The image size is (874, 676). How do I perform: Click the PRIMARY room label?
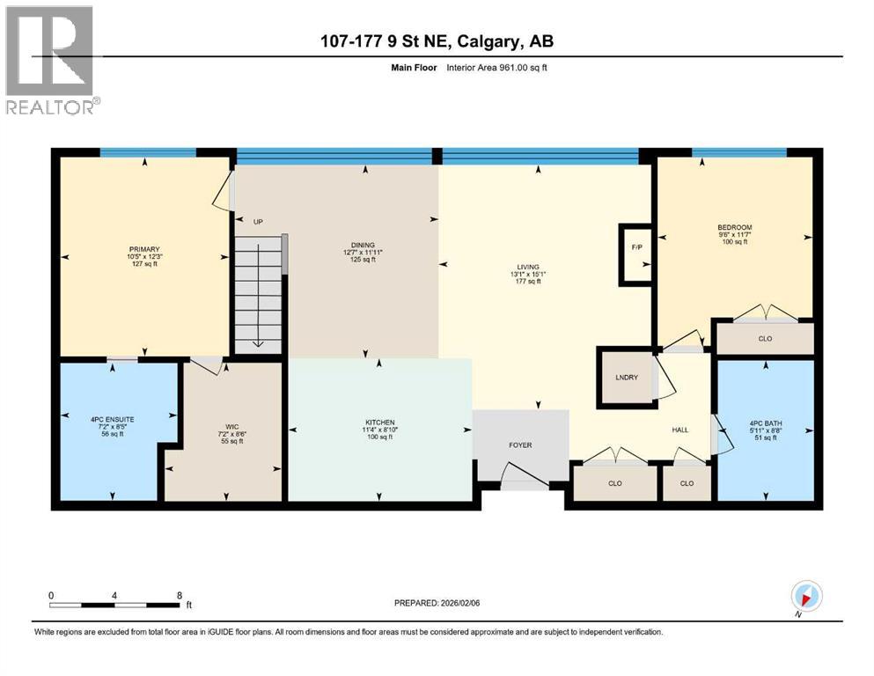coord(143,249)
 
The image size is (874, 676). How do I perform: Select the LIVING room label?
coord(528,267)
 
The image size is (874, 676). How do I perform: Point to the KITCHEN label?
coord(379,422)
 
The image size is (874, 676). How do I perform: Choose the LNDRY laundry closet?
coord(627,378)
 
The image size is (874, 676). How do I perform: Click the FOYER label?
coord(518,445)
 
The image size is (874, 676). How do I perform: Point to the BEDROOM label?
coord(734,227)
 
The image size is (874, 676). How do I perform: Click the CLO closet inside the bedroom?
coord(764,337)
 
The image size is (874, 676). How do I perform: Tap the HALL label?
coord(680,430)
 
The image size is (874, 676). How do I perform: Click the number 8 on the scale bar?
coord(180,594)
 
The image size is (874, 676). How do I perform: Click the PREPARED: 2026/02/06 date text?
coord(443,603)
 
